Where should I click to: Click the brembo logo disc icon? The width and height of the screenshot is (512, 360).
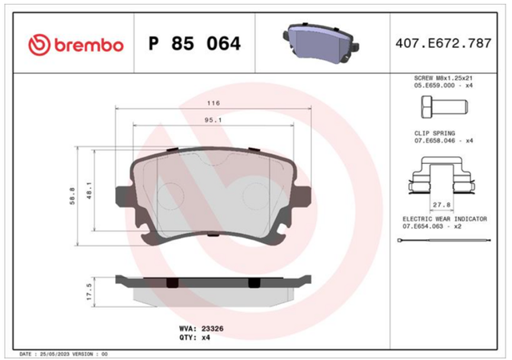click(x=39, y=45)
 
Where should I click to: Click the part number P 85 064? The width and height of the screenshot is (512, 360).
click(x=194, y=44)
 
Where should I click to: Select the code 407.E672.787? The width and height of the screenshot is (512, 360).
click(x=443, y=43)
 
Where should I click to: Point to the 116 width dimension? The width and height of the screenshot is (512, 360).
click(x=214, y=103)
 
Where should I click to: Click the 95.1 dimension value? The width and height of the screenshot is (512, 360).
click(x=214, y=120)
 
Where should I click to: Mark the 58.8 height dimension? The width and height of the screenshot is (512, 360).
click(x=72, y=196)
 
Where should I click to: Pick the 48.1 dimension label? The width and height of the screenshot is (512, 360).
click(x=89, y=190)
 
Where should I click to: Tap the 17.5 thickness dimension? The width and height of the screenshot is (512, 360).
click(x=89, y=292)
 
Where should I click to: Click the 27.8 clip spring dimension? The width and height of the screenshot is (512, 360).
click(x=442, y=205)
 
